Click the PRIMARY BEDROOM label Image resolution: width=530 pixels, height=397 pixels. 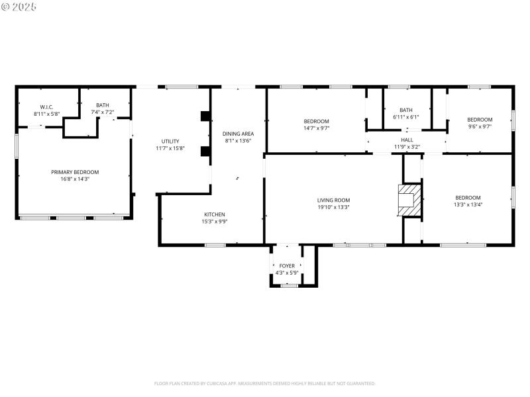pyautogui.click(x=75, y=172)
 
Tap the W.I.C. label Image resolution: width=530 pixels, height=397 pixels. pyautogui.click(x=46, y=107)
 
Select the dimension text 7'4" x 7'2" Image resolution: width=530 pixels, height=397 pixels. pyautogui.click(x=103, y=112)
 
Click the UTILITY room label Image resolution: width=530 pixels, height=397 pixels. pyautogui.click(x=170, y=141)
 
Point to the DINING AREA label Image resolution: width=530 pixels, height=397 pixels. pyautogui.click(x=238, y=134)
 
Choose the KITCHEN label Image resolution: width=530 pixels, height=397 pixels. pyautogui.click(x=214, y=214)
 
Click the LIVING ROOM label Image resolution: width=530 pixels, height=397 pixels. pyautogui.click(x=333, y=200)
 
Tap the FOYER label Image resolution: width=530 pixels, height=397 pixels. pyautogui.click(x=287, y=266)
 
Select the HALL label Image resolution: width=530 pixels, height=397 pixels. pyautogui.click(x=407, y=140)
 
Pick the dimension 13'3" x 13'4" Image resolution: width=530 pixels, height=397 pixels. pyautogui.click(x=468, y=204)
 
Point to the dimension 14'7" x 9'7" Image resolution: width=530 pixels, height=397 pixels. pyautogui.click(x=316, y=128)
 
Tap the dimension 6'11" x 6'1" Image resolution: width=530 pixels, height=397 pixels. pyautogui.click(x=406, y=116)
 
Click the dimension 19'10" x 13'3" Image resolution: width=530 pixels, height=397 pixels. pyautogui.click(x=333, y=207)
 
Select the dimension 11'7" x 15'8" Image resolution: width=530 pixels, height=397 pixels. pyautogui.click(x=170, y=148)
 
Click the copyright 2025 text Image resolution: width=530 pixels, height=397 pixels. pyautogui.click(x=19, y=6)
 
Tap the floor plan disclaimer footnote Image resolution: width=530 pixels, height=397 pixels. pyautogui.click(x=265, y=383)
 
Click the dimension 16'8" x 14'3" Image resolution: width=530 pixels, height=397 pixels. pyautogui.click(x=75, y=179)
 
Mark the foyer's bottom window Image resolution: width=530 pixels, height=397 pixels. pyautogui.click(x=289, y=285)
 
